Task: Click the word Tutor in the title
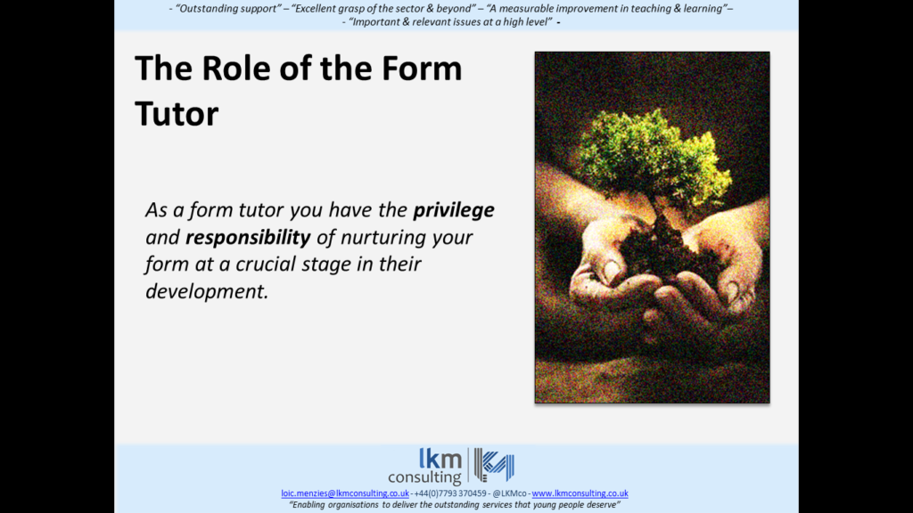coord(177,113)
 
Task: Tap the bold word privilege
coord(453,211)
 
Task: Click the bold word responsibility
coord(249,238)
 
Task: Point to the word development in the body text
coord(206,291)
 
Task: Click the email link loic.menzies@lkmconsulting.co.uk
coord(345,493)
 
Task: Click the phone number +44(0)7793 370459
coord(451,493)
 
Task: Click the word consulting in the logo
coord(437,477)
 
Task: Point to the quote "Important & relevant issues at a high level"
coord(449,22)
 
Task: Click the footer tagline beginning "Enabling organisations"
coord(456,504)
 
